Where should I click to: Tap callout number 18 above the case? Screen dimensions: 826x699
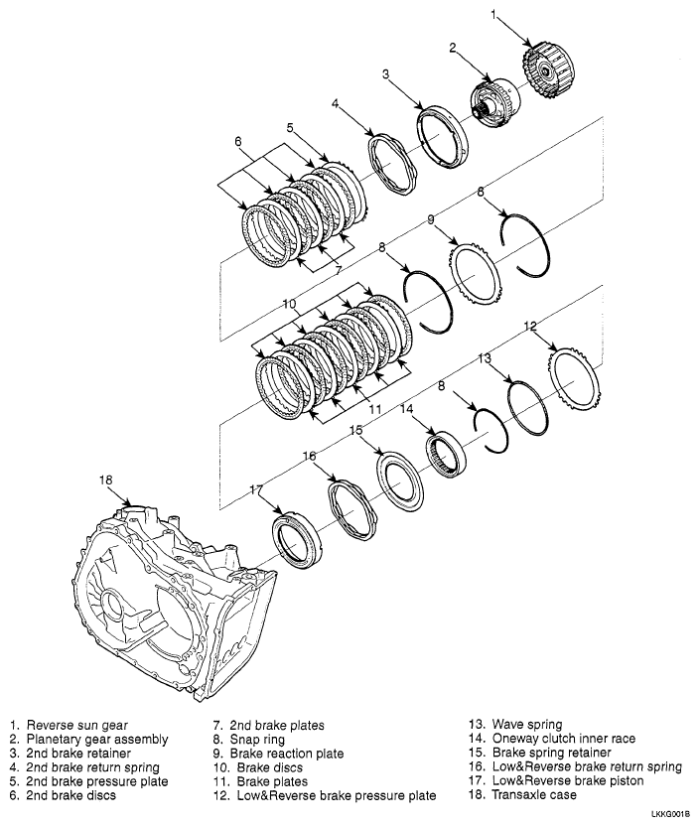tap(106, 480)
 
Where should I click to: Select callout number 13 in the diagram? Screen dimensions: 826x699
tap(485, 357)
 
